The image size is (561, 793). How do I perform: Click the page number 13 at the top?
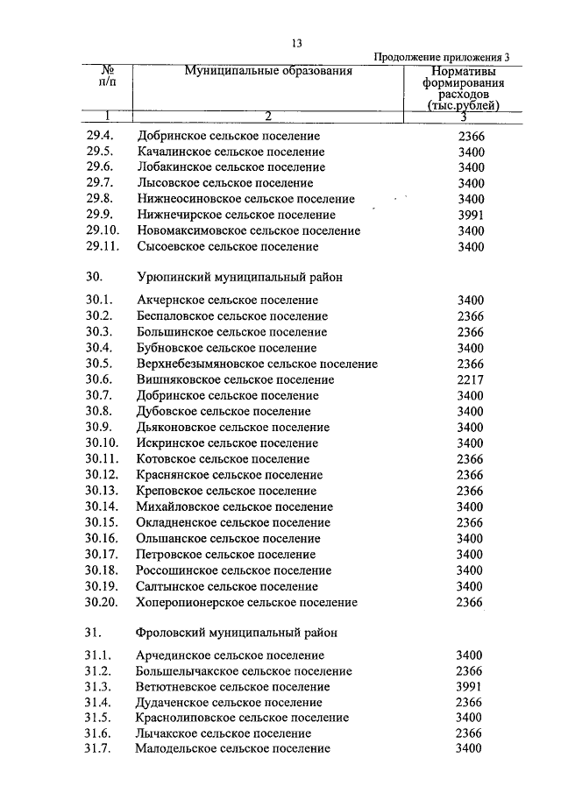[296, 45]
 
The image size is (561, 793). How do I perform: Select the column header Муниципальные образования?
[267, 71]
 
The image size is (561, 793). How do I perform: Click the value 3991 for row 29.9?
[471, 215]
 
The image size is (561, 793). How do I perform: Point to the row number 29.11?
[102, 247]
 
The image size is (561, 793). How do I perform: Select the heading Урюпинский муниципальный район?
[239, 277]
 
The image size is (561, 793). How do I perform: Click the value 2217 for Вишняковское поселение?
[471, 380]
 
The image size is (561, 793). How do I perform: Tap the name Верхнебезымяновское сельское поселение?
[251, 365]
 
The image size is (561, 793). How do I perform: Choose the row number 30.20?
[102, 602]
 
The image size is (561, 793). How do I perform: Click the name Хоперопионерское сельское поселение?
[247, 602]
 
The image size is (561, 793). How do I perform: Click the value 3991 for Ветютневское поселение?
[471, 687]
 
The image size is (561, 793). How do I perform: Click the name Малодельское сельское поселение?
[233, 749]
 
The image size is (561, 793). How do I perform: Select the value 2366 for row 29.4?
[471, 137]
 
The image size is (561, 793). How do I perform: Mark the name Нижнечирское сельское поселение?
[236, 215]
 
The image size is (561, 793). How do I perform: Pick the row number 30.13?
[102, 491]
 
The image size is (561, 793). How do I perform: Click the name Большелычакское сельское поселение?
[245, 671]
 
